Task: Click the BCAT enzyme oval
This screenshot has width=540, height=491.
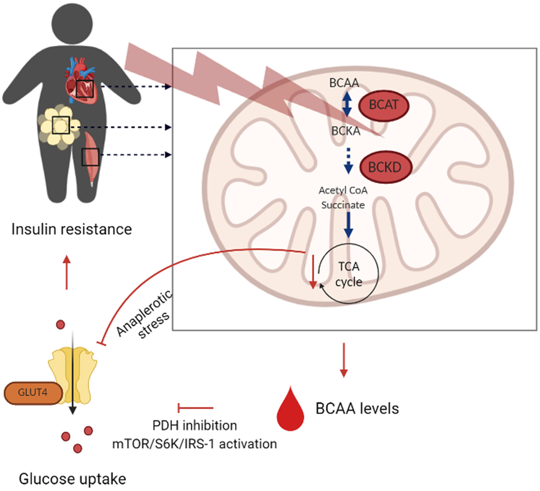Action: coord(384,105)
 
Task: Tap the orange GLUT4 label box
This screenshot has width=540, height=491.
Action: coord(33,393)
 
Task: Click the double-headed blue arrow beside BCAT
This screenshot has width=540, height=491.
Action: coord(347,104)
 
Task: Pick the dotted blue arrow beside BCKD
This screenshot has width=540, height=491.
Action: coord(348,161)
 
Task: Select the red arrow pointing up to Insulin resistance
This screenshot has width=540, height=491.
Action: coord(67,272)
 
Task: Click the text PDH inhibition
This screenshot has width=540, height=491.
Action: coord(195,426)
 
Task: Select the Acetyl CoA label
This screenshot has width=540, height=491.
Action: coord(343,191)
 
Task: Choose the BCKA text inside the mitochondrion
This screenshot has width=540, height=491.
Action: coord(346,131)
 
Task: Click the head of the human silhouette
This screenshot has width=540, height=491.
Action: coord(72,24)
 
